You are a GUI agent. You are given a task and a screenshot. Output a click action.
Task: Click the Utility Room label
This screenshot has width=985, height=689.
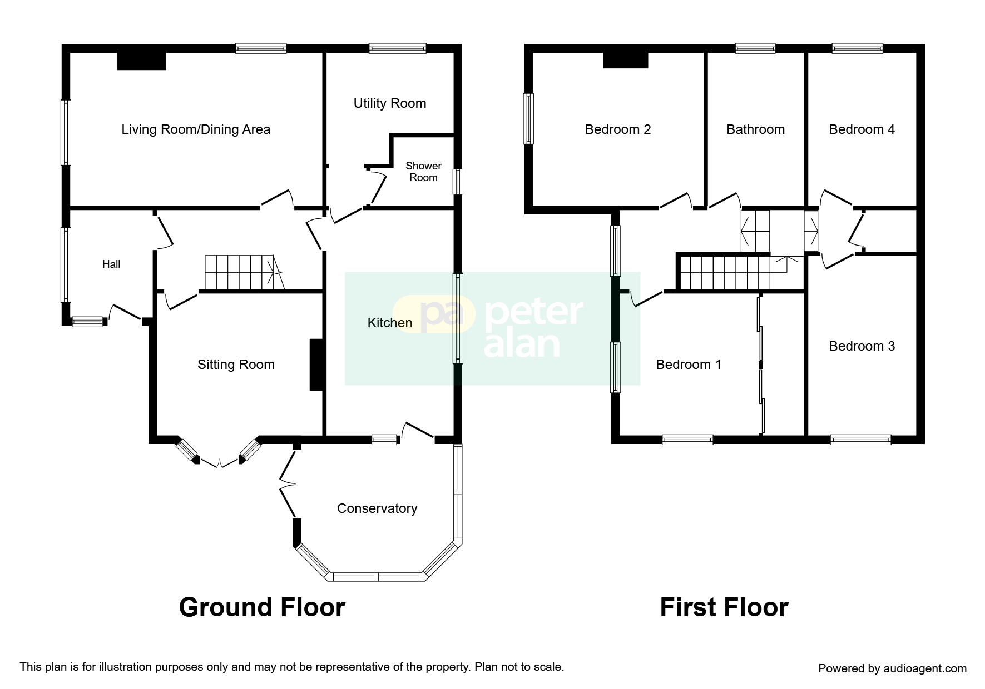pos(389,103)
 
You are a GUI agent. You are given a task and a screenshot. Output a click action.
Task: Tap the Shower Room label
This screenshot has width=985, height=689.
pos(423,172)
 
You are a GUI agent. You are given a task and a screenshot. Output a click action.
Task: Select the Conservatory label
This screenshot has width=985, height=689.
pos(377,508)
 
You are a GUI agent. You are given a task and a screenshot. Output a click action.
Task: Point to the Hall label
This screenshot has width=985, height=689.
pos(111,264)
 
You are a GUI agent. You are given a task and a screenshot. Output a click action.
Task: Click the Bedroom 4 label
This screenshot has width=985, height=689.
pos(862,129)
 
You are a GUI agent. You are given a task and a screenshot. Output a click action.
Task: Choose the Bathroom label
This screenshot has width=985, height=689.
pos(755,129)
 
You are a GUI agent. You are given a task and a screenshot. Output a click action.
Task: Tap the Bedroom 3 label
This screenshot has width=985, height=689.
pos(862,346)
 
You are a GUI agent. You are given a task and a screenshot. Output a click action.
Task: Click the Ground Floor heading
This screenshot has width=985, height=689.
pos(262,607)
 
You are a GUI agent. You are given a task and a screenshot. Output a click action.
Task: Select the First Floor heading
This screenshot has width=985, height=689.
pos(724,607)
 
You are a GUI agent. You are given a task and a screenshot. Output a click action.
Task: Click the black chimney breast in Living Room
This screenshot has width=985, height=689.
pos(142,61)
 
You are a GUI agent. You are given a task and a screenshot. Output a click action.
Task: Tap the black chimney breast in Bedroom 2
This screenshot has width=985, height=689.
pos(626,59)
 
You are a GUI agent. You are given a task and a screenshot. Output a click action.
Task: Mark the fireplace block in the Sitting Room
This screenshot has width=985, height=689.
pos(316,365)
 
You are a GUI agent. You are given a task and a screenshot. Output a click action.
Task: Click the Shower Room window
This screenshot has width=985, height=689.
pos(458,182)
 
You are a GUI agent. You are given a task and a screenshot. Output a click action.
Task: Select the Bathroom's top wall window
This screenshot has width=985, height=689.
pos(755,48)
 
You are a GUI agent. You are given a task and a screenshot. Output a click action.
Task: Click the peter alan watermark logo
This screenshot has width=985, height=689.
pos(492,328)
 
